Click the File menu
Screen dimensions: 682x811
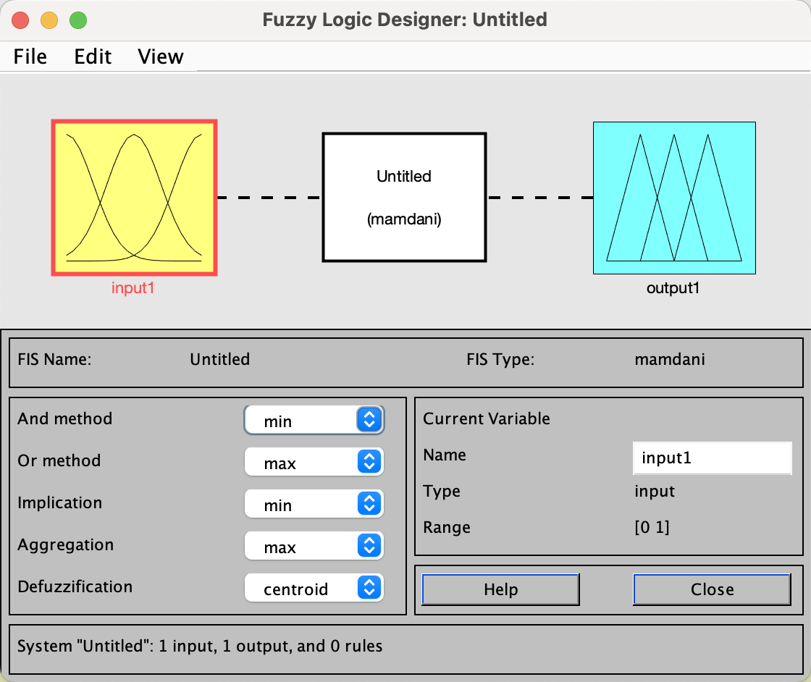point(30,56)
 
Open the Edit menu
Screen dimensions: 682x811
point(93,56)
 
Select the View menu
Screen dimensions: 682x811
point(161,56)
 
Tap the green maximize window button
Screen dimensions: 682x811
point(77,20)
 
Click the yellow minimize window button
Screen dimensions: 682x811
point(49,20)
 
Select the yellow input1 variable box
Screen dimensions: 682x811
point(134,198)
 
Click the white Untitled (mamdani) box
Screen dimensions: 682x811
point(404,197)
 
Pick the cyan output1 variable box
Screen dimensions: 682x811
point(674,198)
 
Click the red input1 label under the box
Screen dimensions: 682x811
point(133,288)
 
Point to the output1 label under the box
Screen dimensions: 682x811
point(673,288)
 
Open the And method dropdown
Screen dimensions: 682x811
point(314,420)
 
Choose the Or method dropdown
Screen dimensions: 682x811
point(314,462)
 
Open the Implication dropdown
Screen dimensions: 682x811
point(314,504)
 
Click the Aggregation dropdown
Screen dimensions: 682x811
point(314,546)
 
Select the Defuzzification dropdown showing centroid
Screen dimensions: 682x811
point(314,588)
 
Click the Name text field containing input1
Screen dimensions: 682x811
point(712,458)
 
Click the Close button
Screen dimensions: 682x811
point(712,589)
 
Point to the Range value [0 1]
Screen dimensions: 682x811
point(652,527)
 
